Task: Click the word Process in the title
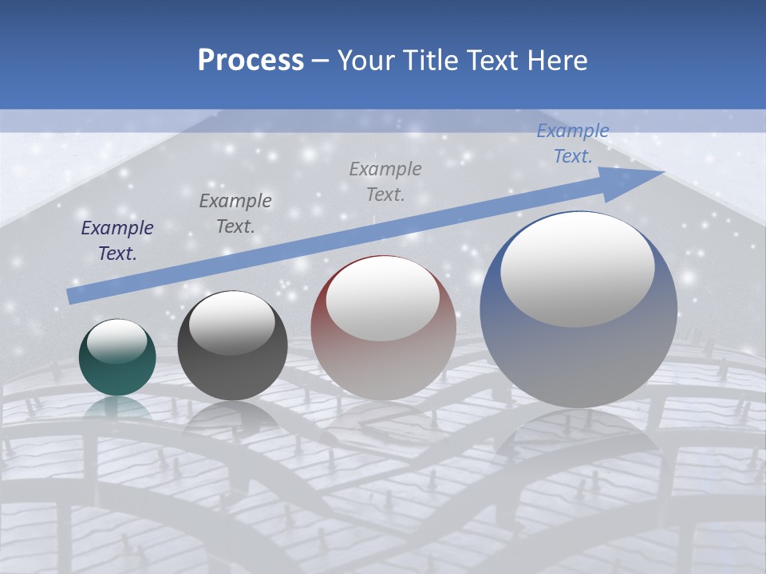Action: (251, 61)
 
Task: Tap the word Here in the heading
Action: (558, 61)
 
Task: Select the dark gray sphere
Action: (232, 375)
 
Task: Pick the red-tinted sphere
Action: (383, 363)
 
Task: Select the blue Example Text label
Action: (573, 143)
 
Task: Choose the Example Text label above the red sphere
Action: (385, 181)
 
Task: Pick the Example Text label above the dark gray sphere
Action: (235, 213)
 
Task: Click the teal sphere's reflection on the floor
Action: (117, 408)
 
